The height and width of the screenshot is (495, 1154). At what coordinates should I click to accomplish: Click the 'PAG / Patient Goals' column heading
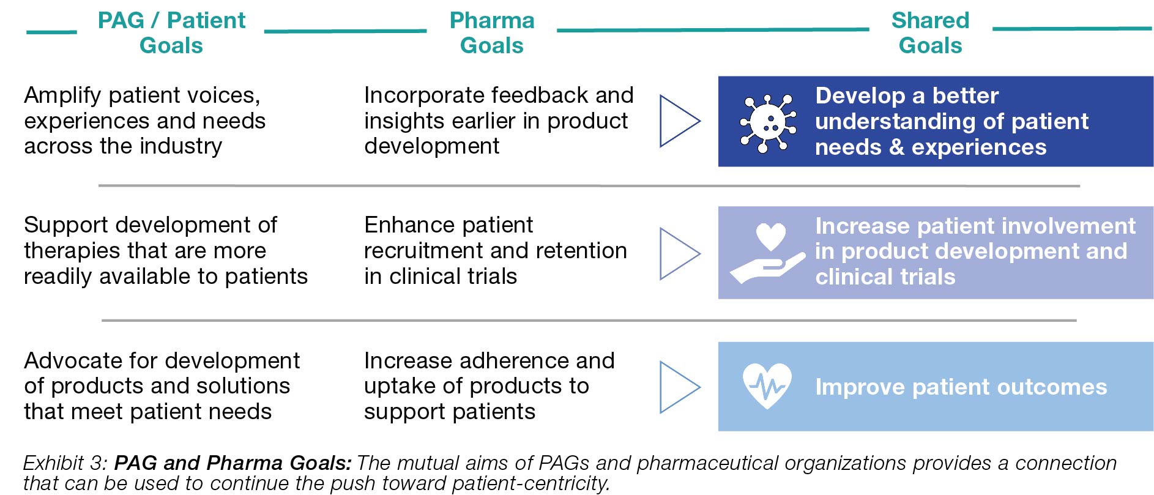[171, 32]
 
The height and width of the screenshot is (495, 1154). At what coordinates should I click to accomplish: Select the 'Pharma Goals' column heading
[492, 32]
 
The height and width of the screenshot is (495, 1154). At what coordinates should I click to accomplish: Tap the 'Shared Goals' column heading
[930, 32]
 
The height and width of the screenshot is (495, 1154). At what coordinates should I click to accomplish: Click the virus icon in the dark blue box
[768, 122]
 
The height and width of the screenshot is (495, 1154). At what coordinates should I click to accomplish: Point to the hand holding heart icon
[767, 253]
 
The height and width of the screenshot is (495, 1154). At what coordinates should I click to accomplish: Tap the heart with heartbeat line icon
[767, 385]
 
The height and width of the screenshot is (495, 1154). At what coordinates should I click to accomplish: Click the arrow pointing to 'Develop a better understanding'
[679, 121]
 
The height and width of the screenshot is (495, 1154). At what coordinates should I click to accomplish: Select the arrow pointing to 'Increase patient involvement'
[679, 253]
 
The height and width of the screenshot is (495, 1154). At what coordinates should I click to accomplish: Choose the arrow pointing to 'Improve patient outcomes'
[679, 387]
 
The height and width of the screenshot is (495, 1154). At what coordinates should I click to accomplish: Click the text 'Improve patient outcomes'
[961, 387]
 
